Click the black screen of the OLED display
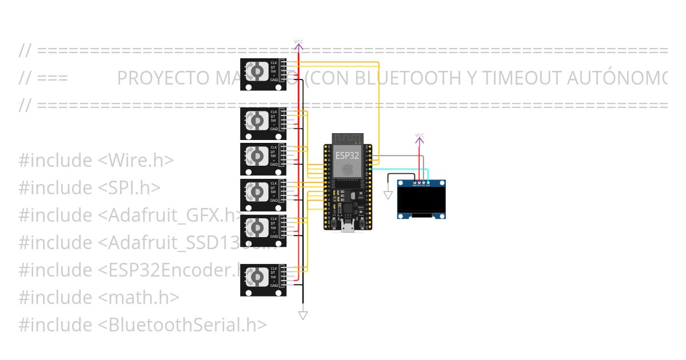tap(421, 199)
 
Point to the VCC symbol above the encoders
tap(299, 42)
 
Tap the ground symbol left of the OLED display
tap(388, 195)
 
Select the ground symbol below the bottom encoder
tap(303, 315)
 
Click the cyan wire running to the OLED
tap(400, 169)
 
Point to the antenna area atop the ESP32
tap(347, 138)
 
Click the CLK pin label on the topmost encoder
tap(274, 62)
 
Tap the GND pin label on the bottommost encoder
tap(274, 285)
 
